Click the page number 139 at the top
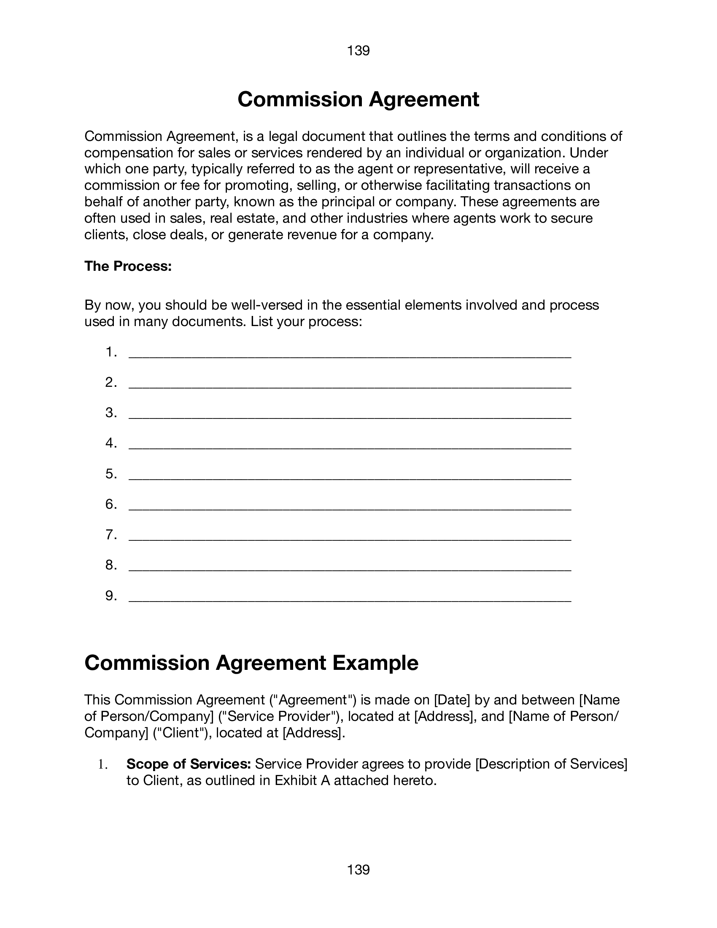358,51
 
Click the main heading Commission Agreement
358,100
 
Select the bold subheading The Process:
128,266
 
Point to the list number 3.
111,413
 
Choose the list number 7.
111,534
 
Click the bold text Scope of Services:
189,764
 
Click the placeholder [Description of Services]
551,764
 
